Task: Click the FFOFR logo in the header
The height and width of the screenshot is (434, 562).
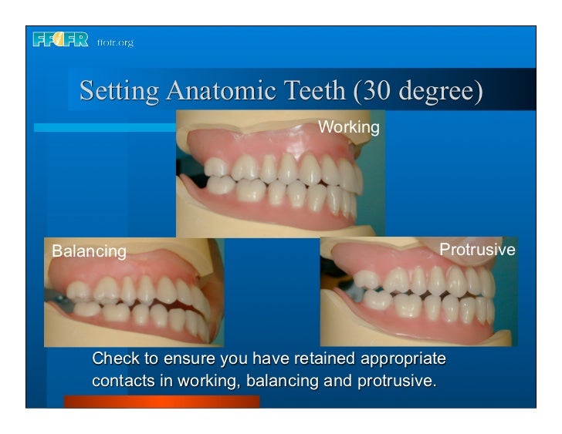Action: [x=60, y=40]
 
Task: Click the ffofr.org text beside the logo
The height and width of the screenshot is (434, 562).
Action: [x=115, y=42]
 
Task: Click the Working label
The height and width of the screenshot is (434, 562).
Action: [x=349, y=126]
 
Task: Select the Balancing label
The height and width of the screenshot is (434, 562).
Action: [x=89, y=251]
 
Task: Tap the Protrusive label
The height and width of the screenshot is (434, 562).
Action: [x=477, y=251]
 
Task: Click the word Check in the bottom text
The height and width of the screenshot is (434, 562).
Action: [x=113, y=359]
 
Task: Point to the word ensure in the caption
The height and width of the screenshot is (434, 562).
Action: [x=190, y=360]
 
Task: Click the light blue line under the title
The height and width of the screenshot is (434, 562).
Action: [x=104, y=128]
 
